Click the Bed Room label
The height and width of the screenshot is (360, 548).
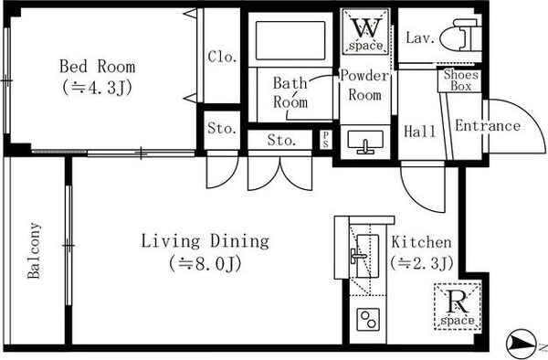point(97,67)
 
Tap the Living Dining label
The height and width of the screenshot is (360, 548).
point(205,241)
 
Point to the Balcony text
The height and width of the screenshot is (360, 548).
point(35,250)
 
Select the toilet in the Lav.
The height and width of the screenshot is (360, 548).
point(460,36)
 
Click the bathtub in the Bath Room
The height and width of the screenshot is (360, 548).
point(290,40)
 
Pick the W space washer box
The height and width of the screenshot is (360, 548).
point(365,32)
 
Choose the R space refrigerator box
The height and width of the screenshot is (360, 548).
point(458,306)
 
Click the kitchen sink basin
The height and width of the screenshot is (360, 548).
point(368,256)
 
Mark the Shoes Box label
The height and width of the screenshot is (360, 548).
point(460,80)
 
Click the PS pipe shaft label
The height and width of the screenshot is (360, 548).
point(326,140)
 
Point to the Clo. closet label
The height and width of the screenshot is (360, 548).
point(222,57)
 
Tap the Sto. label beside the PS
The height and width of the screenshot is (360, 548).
point(281,141)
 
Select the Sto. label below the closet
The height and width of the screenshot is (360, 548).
point(222,128)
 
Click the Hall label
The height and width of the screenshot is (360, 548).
point(420,132)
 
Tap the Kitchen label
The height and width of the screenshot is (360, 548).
point(421,242)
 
